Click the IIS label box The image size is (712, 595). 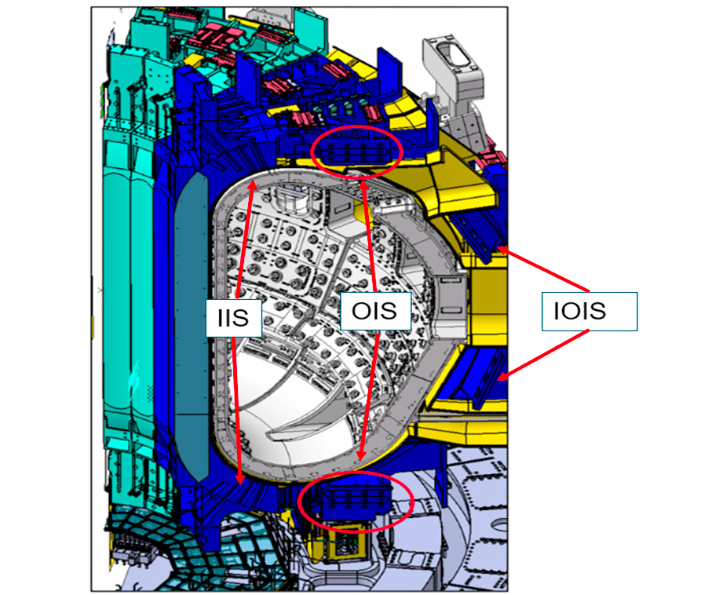point(233,318)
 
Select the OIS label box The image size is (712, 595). point(375,311)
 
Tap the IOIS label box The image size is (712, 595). point(590,312)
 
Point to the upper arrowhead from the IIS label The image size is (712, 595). point(253,184)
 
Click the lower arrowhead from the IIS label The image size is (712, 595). point(240,479)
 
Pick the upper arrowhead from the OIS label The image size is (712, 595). point(363,185)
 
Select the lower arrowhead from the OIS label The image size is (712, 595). point(361,455)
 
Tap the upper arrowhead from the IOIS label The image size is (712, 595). point(502,249)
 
